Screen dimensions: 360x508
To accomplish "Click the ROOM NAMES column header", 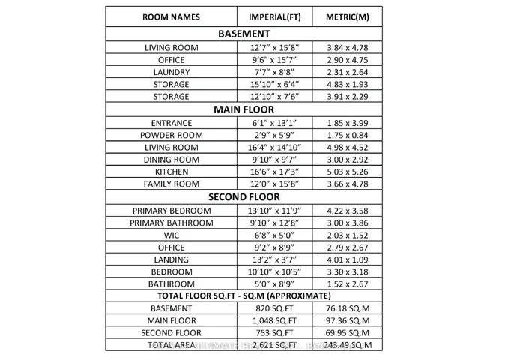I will click(171, 16).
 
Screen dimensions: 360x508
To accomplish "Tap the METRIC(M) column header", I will click(348, 16).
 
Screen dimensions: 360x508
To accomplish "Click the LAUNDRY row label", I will click(171, 72).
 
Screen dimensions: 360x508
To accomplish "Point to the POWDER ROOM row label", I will click(171, 135).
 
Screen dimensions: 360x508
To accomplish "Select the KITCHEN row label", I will click(171, 172).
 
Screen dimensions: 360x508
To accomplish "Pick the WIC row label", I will click(171, 235).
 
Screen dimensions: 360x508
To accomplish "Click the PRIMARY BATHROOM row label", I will click(171, 223).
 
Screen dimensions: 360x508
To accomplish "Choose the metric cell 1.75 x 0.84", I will click(348, 135).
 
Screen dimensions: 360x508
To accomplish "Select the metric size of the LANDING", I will click(348, 259).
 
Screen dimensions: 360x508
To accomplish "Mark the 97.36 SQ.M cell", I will click(348, 320).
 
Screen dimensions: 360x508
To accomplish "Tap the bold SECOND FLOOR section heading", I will click(244, 197).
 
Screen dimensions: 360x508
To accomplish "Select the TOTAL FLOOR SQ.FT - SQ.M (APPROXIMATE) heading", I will click(244, 295).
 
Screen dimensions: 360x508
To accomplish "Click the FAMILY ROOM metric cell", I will click(348, 184).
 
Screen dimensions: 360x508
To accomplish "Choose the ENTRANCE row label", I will click(171, 123).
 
